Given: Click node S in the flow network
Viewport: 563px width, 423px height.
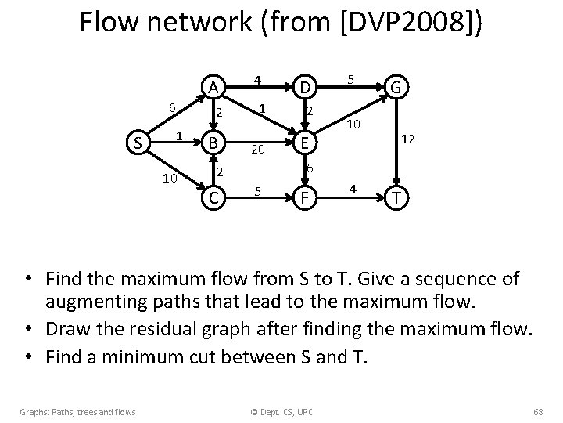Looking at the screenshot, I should pos(138,143).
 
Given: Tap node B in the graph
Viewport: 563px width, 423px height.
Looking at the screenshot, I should pos(212,143).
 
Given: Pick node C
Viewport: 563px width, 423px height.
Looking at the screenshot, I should pos(212,197).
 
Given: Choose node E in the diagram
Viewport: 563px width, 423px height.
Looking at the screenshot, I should pos(307,143).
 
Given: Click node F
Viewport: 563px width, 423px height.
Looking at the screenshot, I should pos(307,197).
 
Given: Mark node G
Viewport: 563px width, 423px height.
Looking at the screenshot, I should pos(396,87).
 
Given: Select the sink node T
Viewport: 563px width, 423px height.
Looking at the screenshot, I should pos(396,197).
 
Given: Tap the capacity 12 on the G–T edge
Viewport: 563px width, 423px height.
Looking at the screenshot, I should pos(407,138).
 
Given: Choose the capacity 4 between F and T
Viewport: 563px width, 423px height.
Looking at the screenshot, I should pos(353,189).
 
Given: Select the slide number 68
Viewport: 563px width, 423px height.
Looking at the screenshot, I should pos(537,411).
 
